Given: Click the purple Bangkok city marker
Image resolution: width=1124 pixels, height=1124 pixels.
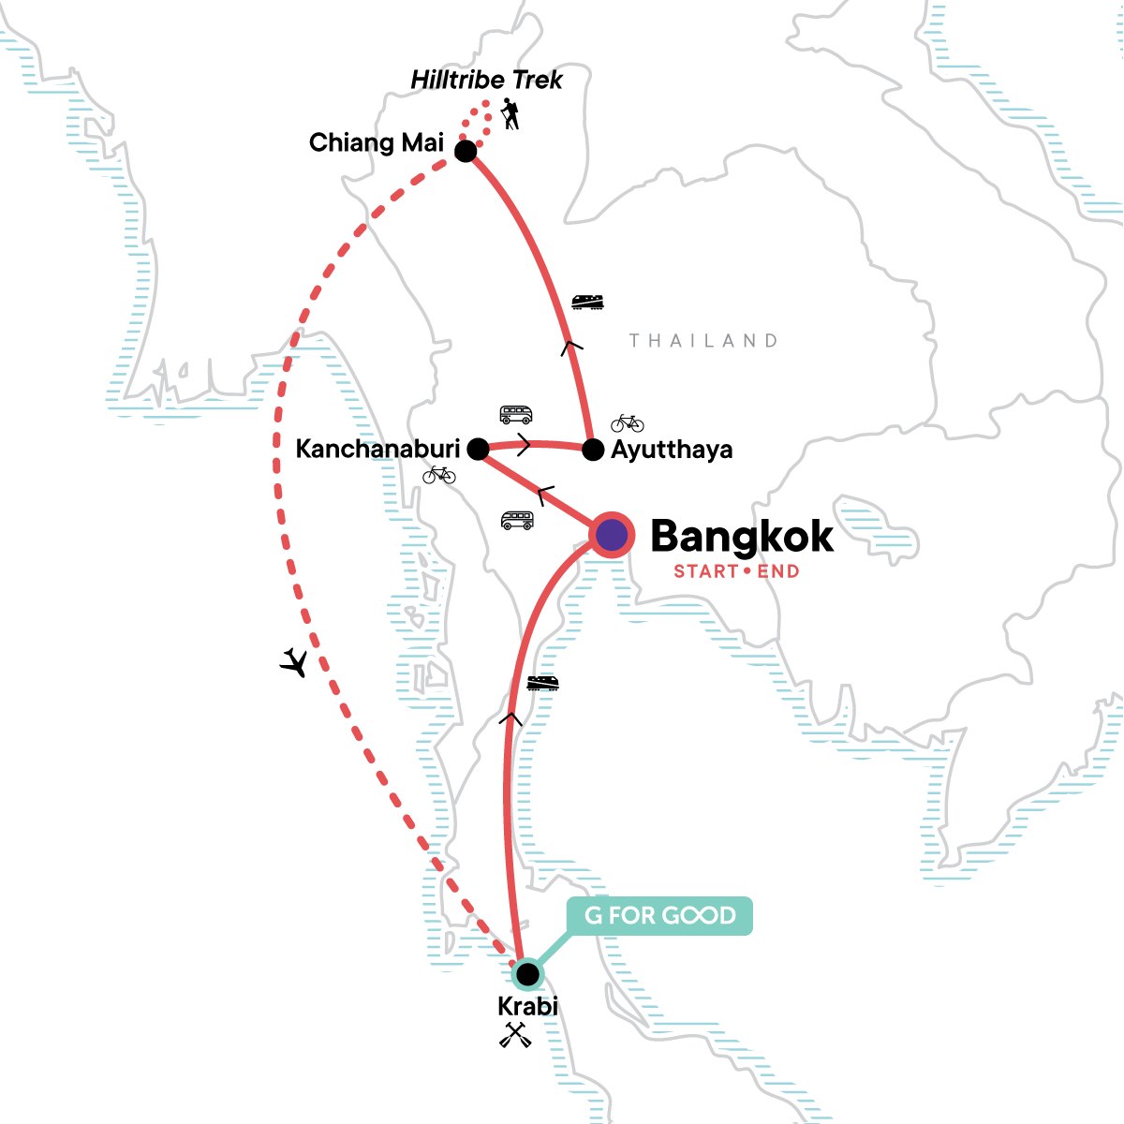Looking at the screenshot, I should pyautogui.click(x=612, y=536).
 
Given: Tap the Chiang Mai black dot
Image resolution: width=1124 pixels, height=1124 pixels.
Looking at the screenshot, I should pyautogui.click(x=466, y=151).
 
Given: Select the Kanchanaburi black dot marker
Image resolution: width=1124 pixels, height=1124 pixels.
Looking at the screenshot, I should pyautogui.click(x=478, y=450).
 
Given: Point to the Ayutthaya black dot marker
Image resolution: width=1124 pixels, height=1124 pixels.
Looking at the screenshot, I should pyautogui.click(x=593, y=451).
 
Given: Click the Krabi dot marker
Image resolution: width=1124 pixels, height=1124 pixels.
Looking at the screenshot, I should pyautogui.click(x=527, y=974).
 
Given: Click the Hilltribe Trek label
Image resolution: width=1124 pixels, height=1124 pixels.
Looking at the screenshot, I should pyautogui.click(x=486, y=81).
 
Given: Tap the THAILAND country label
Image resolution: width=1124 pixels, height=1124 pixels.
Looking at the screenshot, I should pyautogui.click(x=703, y=341).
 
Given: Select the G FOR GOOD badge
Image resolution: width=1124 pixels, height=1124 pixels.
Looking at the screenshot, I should pyautogui.click(x=659, y=916).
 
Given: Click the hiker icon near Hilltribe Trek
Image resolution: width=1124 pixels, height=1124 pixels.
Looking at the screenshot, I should pyautogui.click(x=510, y=115).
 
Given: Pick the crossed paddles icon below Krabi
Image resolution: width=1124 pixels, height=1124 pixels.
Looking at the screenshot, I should pyautogui.click(x=515, y=1035).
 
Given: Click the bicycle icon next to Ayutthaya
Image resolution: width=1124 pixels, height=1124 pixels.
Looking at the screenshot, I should pyautogui.click(x=628, y=422).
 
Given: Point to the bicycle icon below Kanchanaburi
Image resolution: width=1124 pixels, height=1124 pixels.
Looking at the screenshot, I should pyautogui.click(x=438, y=475).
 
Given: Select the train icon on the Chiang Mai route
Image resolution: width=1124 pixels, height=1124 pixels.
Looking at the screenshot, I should pyautogui.click(x=587, y=302).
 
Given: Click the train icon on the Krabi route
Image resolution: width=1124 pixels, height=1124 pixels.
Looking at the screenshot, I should pyautogui.click(x=542, y=683).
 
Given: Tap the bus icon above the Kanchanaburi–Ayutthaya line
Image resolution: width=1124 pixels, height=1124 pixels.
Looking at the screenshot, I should pyautogui.click(x=516, y=414).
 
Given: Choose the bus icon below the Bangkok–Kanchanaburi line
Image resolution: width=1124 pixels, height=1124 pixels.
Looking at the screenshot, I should pyautogui.click(x=517, y=521).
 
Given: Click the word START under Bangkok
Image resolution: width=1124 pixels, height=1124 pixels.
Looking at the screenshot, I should pyautogui.click(x=706, y=571).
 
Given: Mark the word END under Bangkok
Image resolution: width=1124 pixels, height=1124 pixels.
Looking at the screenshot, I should pyautogui.click(x=778, y=571).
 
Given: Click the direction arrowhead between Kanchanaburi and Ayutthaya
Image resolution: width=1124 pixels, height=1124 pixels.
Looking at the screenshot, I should pyautogui.click(x=524, y=445).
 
